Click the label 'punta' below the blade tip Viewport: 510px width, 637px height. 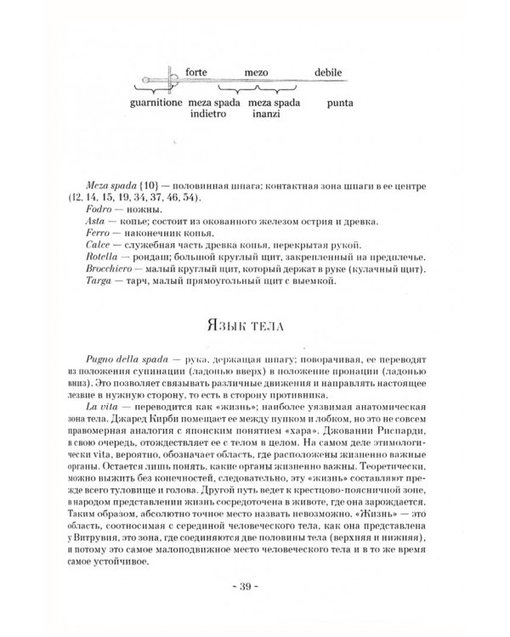click(x=328, y=103)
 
